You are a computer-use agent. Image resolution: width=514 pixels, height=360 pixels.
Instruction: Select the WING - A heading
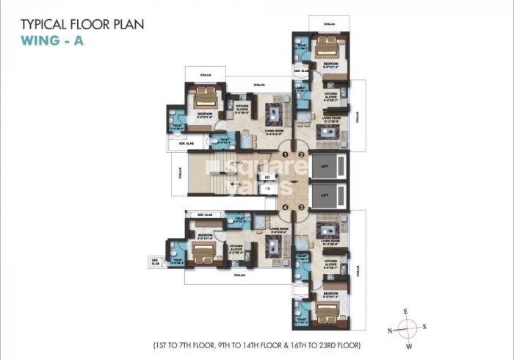(x=52, y=40)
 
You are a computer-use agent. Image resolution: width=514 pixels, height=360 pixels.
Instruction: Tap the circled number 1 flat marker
(x=286, y=154)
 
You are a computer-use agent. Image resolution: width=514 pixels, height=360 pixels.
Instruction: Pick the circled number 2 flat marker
(x=301, y=154)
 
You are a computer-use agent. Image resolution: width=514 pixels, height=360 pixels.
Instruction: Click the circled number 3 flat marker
(x=301, y=207)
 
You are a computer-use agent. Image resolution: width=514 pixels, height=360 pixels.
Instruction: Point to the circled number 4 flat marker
(x=286, y=207)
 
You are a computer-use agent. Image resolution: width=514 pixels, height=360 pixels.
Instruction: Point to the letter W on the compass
(x=409, y=346)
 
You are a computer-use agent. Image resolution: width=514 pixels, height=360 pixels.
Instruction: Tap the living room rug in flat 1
(x=273, y=115)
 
